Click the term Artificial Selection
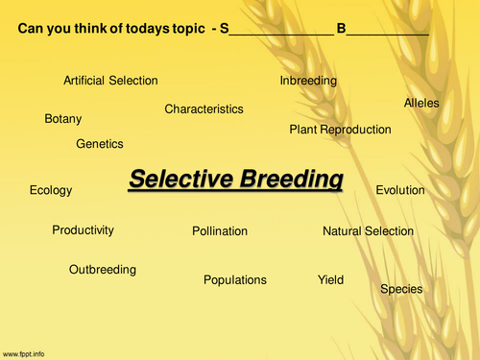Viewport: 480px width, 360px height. [110, 81]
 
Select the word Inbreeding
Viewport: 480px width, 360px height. [308, 81]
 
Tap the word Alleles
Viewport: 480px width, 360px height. [422, 103]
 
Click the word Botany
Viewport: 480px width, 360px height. [63, 119]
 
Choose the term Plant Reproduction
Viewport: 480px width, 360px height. [340, 130]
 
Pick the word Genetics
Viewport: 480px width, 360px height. [100, 144]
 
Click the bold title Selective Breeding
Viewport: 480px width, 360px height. [235, 179]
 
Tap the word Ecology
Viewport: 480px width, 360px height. [51, 190]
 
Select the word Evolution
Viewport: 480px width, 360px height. [400, 190]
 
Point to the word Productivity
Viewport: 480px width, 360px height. [84, 230]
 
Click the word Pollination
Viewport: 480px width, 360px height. [220, 231]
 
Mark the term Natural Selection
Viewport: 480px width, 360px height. [368, 231]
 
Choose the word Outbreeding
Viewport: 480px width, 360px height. [103, 270]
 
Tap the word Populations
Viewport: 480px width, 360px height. [235, 280]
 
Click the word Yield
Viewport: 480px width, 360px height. [330, 280]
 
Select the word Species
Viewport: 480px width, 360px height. [401, 289]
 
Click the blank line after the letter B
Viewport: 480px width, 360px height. [388, 32]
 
